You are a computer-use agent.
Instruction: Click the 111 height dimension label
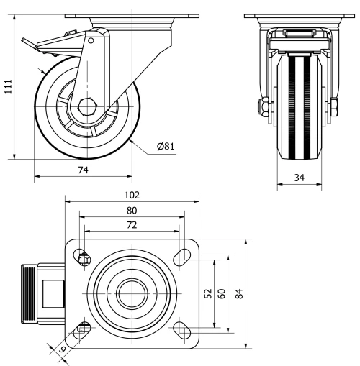9,86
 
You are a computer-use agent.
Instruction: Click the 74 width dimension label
83,170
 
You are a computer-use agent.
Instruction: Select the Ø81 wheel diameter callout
166,147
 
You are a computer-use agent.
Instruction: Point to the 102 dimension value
131,196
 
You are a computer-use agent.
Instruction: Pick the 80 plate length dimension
131,211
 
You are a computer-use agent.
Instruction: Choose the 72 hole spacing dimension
131,226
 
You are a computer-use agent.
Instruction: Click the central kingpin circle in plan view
131,293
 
